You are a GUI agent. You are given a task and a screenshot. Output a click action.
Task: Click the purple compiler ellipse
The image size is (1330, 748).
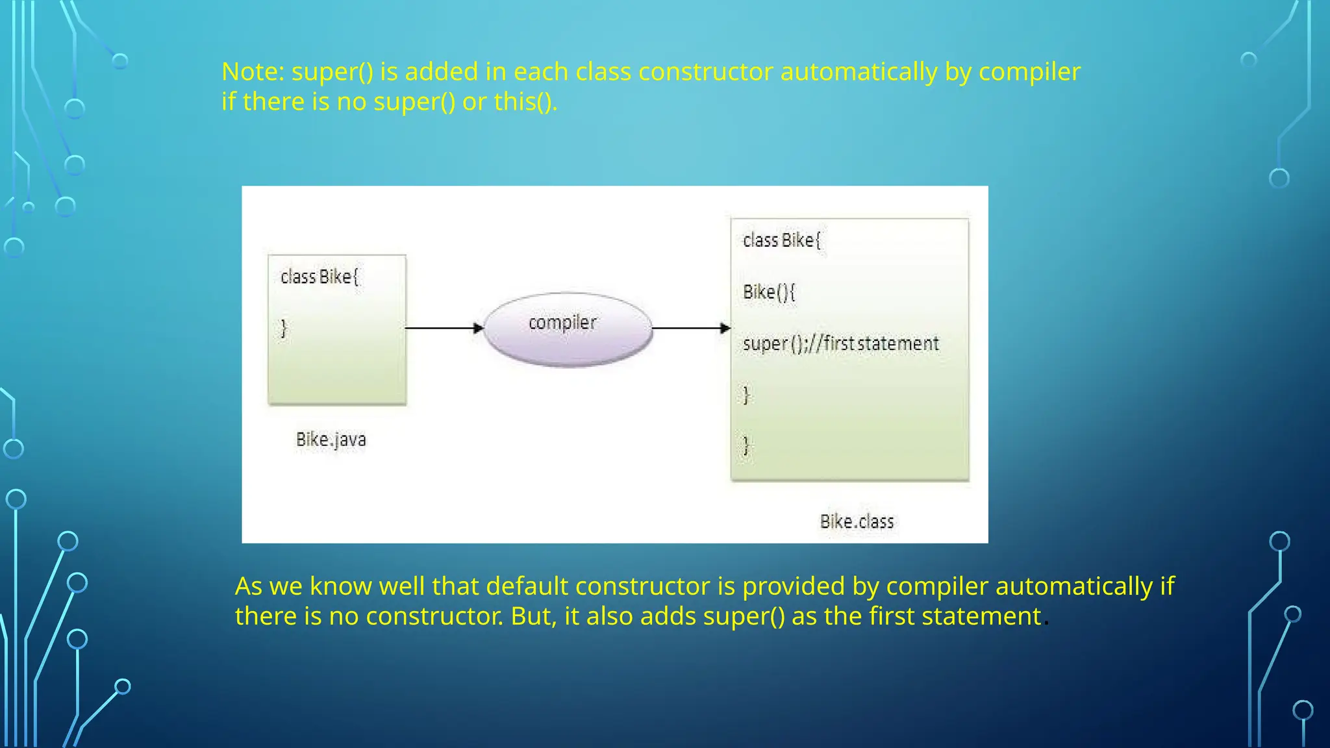(x=568, y=329)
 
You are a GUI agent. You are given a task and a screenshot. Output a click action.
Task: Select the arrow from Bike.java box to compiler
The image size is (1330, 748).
(x=444, y=329)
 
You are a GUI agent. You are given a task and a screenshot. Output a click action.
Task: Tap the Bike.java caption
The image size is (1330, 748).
(x=331, y=440)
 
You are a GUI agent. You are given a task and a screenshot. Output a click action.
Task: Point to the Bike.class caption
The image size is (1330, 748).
(x=857, y=521)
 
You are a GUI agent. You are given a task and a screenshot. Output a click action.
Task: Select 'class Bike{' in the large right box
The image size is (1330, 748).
(x=782, y=241)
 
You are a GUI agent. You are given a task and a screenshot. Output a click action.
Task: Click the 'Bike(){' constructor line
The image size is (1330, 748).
(x=769, y=292)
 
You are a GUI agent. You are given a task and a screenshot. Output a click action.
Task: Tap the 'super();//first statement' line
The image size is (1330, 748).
(x=840, y=343)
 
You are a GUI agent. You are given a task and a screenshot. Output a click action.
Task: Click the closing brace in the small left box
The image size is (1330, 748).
(x=284, y=329)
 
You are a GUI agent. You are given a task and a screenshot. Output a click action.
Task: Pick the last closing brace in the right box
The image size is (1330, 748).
(x=746, y=445)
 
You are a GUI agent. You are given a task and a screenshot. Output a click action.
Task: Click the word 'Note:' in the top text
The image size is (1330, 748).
(x=253, y=72)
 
